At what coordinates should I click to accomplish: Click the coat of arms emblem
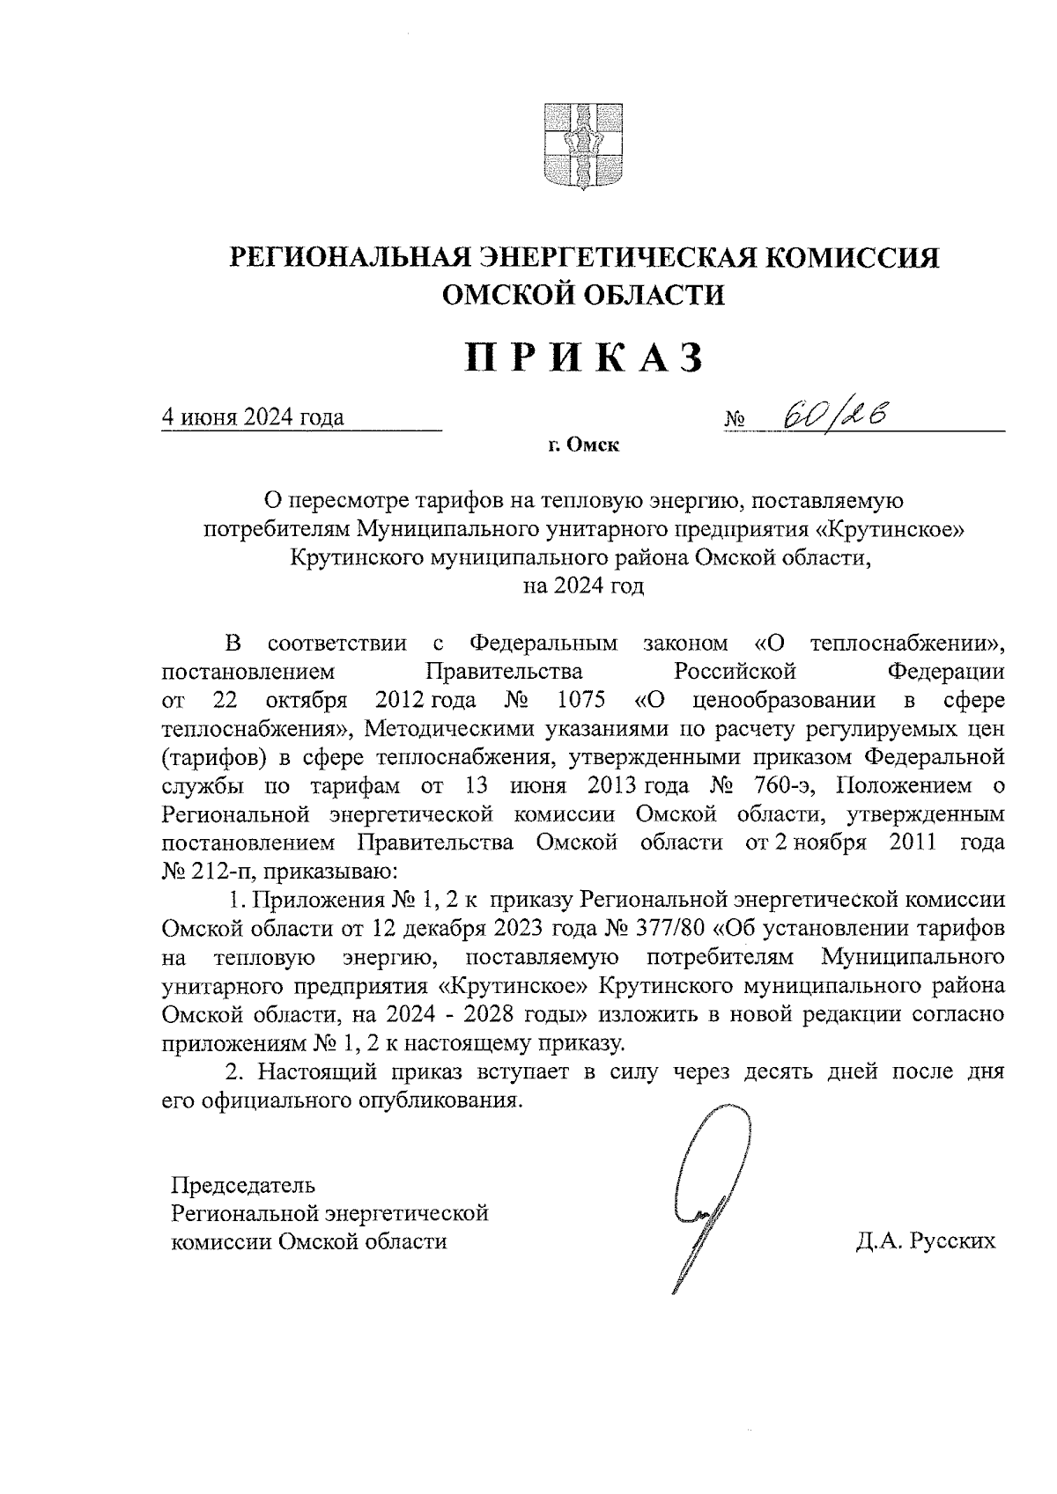pyautogui.click(x=582, y=145)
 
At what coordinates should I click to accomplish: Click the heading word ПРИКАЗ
pyautogui.click(x=585, y=358)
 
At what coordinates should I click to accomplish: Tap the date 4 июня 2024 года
pyautogui.click(x=252, y=417)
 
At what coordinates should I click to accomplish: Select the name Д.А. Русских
pyautogui.click(x=924, y=1241)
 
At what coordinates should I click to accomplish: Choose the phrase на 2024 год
pyautogui.click(x=584, y=585)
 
